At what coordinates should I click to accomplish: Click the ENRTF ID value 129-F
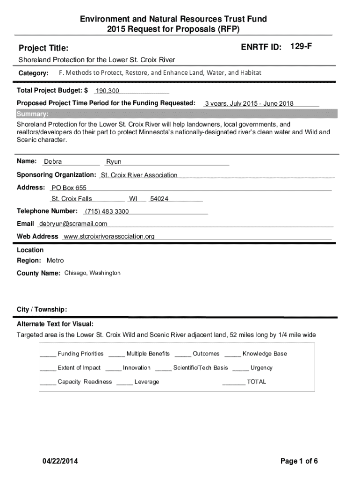pos(301,47)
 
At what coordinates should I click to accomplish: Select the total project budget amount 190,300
pos(108,90)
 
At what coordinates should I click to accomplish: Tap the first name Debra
pos(53,162)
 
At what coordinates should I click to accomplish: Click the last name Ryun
pos(114,162)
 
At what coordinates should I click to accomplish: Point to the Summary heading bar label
pos(32,114)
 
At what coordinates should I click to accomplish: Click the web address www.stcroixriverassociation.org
pos(109,236)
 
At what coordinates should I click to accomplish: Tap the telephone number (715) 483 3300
pos(107,211)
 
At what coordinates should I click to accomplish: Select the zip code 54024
pos(159,199)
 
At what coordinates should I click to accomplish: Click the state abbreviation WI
pos(133,199)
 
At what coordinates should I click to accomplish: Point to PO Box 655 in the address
pos(69,188)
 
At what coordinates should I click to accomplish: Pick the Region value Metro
pos(55,261)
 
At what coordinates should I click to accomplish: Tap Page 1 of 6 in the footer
pos(299,461)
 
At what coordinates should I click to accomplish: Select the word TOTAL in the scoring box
pos(256,382)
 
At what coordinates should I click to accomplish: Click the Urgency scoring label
pos(261,368)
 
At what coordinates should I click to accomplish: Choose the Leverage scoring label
pos(147,382)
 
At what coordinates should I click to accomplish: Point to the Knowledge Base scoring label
pos(265,354)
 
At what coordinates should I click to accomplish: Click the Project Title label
pos(43,48)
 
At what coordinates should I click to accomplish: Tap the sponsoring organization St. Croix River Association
pos(139,175)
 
